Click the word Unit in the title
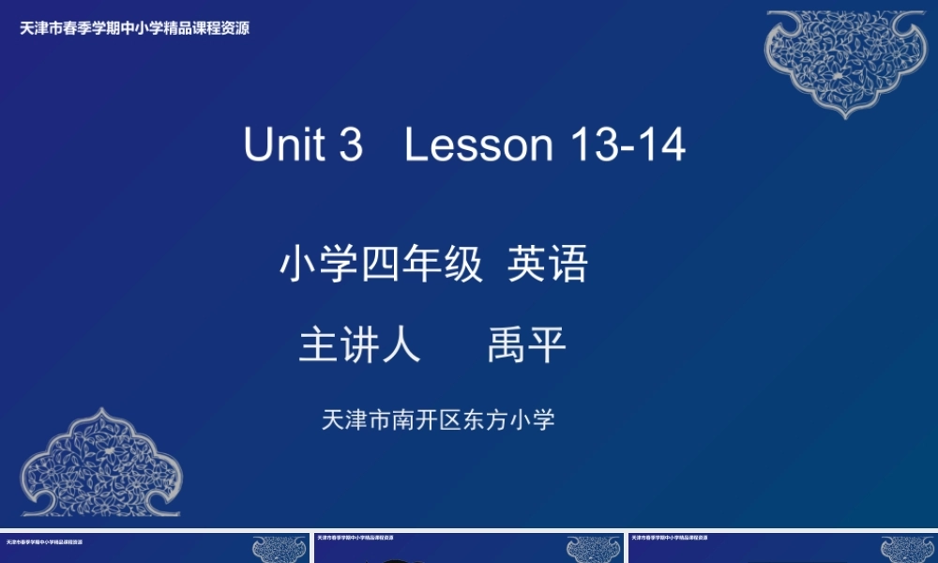click(x=283, y=145)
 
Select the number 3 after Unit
click(x=350, y=145)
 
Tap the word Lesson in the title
click(x=479, y=145)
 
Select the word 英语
click(x=548, y=266)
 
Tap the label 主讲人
click(x=359, y=345)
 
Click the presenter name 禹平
click(x=527, y=345)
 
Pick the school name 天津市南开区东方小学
click(x=438, y=419)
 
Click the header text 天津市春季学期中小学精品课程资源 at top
click(x=135, y=28)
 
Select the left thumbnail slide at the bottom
click(x=155, y=549)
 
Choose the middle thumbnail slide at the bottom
click(x=468, y=549)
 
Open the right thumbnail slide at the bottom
click(x=782, y=549)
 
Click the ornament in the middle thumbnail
click(x=594, y=549)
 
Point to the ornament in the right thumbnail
click(x=908, y=549)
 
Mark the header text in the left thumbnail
click(x=43, y=541)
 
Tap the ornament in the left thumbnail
click(x=280, y=549)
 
